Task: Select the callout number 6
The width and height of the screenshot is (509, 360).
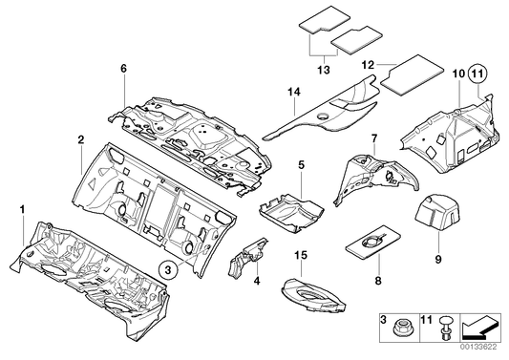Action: tap(123, 68)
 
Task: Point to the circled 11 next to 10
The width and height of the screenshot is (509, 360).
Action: tap(477, 72)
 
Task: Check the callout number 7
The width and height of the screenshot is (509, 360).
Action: tap(374, 138)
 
